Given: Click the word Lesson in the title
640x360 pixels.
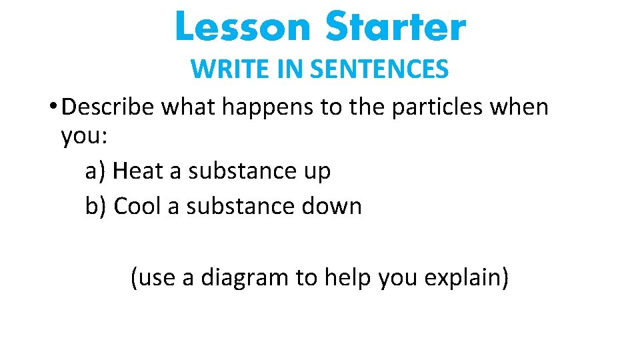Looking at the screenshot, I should click(x=243, y=27).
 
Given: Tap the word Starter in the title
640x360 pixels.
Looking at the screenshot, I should click(x=395, y=27).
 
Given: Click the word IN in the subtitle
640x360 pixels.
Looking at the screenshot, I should click(x=285, y=69).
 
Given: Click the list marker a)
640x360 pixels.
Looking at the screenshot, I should click(x=96, y=171).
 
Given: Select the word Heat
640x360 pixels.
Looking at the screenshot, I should click(x=138, y=171).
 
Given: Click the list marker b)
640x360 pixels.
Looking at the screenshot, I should click(x=97, y=206).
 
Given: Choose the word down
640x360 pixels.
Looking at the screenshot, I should click(x=331, y=206).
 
